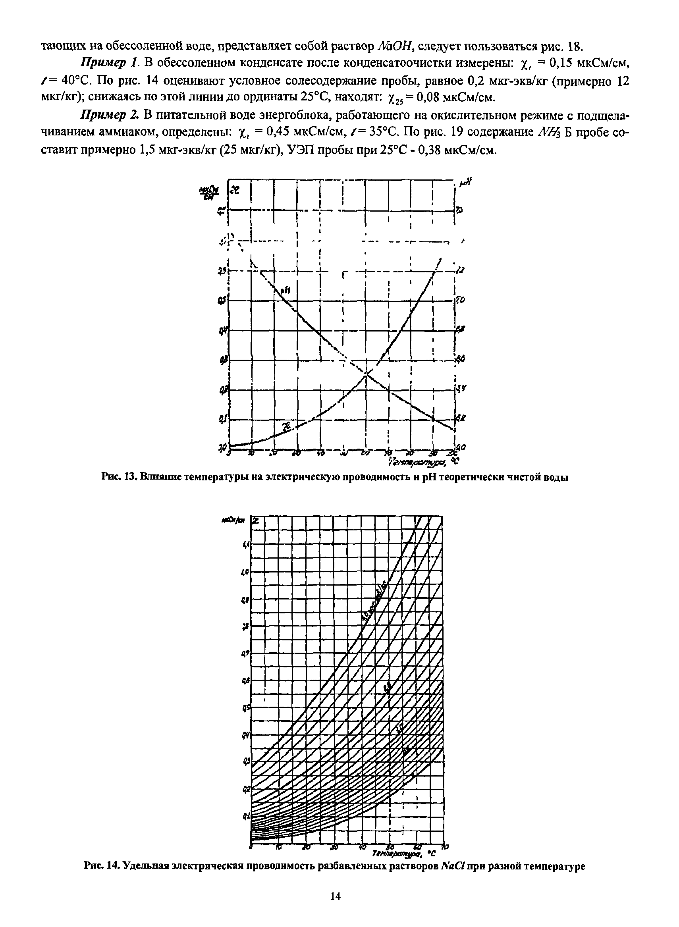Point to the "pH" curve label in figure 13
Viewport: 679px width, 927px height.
[285, 291]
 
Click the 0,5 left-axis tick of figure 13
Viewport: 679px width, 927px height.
[222, 301]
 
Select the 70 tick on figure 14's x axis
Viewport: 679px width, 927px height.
[446, 847]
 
